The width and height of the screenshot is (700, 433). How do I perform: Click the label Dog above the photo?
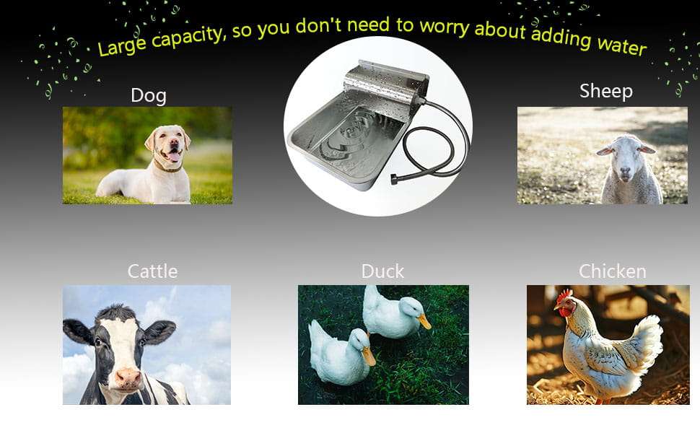pyautogui.click(x=149, y=95)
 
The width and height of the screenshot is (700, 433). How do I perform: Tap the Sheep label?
pyautogui.click(x=605, y=91)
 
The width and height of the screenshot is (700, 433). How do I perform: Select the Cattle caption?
pyautogui.click(x=152, y=271)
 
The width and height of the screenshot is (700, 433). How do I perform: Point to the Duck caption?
pyautogui.click(x=382, y=271)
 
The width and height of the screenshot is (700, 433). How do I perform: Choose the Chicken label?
pyautogui.click(x=613, y=271)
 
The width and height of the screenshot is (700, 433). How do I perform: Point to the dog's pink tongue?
pyautogui.click(x=174, y=157)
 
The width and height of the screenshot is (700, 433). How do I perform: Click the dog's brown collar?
pyautogui.click(x=168, y=167)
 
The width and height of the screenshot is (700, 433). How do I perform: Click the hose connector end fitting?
pyautogui.click(x=395, y=180)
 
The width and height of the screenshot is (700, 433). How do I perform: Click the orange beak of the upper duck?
pyautogui.click(x=424, y=321)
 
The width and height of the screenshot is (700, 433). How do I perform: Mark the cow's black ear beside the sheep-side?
pyautogui.click(x=159, y=332)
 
